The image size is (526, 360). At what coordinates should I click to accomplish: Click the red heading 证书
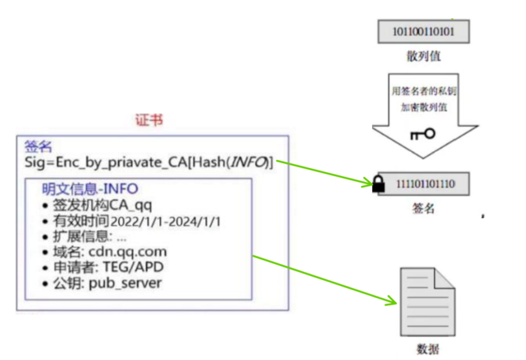pos(148,121)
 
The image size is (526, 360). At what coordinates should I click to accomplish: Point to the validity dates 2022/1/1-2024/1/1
pos(165,221)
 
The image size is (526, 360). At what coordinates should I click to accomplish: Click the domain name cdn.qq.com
pos(127,252)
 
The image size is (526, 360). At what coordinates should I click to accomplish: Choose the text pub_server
pos(125,282)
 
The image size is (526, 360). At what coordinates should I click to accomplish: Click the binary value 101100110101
pos(423,32)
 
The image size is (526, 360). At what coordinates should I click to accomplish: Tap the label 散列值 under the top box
pos(423,56)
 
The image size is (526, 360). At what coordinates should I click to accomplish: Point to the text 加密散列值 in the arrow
pos(423,107)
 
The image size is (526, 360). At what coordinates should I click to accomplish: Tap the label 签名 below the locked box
pos(423,208)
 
